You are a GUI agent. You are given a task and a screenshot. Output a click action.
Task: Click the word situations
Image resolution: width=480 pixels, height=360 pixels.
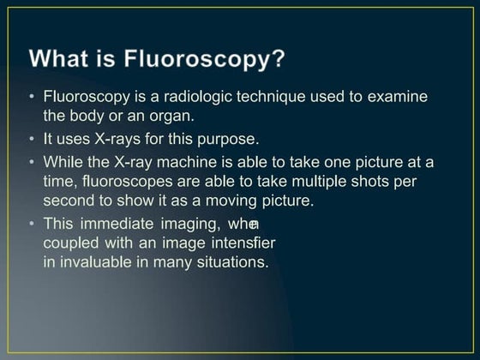[x=235, y=261]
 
